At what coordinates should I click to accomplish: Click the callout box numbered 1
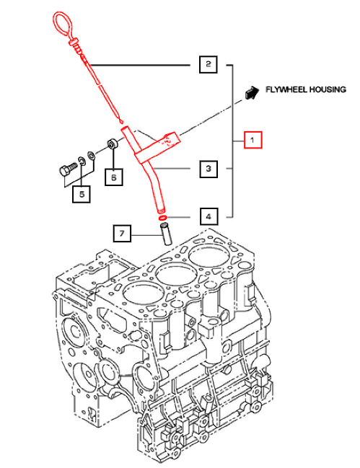pos(253,139)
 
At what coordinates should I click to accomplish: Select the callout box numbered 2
pos(208,65)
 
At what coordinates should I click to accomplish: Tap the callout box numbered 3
pos(208,169)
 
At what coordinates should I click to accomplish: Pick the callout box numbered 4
pos(208,216)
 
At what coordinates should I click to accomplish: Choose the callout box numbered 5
pos(82,193)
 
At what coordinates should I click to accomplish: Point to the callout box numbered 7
pos(123,234)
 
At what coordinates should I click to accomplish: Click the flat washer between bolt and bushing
pos(90,155)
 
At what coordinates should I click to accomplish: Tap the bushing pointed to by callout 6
pos(113,144)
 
